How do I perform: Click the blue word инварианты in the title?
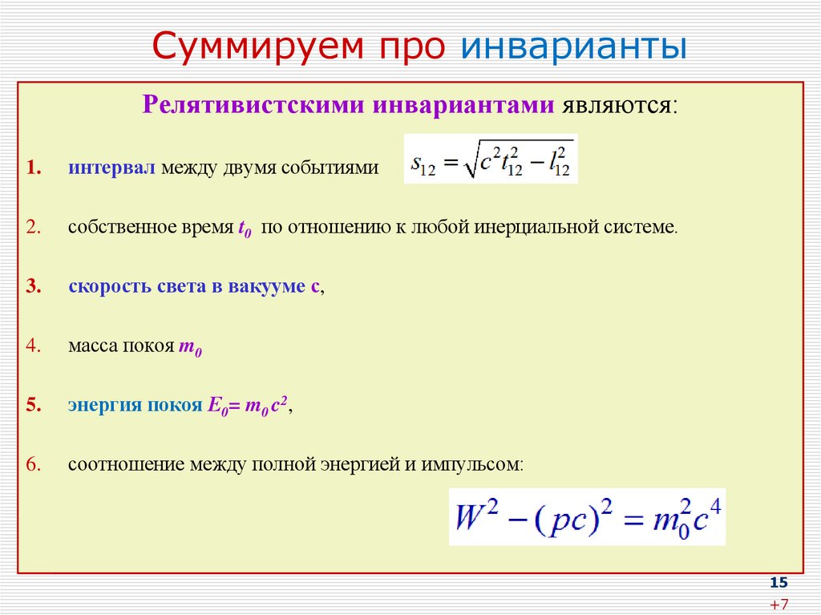[x=572, y=47]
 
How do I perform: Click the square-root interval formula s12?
[x=490, y=159]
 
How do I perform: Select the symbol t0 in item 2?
[x=245, y=229]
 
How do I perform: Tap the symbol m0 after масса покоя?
[x=190, y=349]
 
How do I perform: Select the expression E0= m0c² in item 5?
[x=248, y=406]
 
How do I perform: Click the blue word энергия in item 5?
[x=104, y=406]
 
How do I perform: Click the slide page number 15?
[x=779, y=582]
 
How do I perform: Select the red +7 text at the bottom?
[x=779, y=604]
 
